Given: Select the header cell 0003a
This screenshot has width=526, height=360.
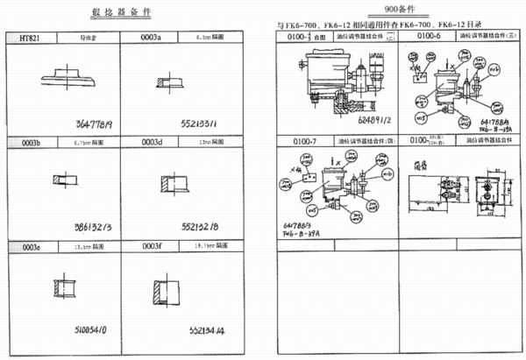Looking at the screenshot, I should (x=153, y=39).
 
